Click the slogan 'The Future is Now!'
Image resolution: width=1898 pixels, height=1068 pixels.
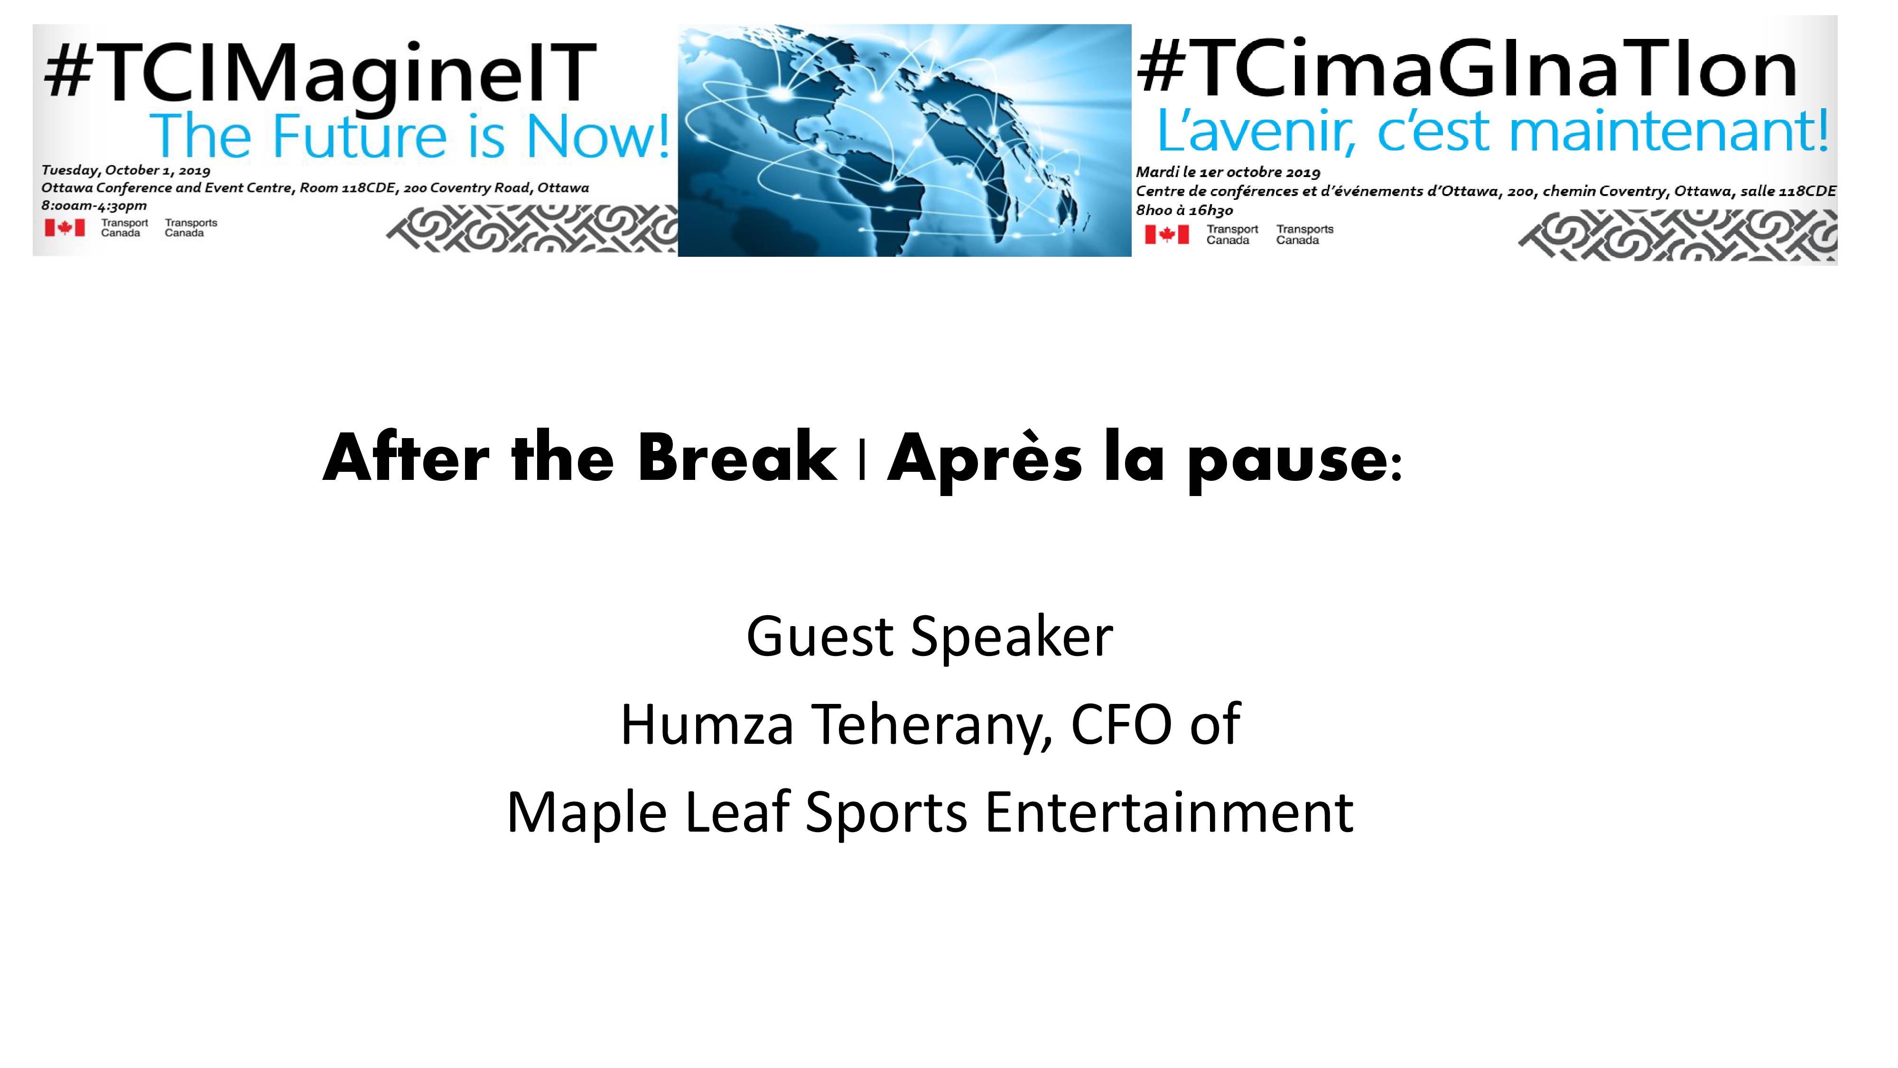pos(409,136)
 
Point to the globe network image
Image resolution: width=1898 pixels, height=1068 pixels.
pos(904,140)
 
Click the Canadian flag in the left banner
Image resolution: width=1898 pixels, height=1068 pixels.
pos(65,228)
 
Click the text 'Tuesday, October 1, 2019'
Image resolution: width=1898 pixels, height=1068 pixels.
pos(126,170)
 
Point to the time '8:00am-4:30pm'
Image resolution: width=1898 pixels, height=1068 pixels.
pos(94,206)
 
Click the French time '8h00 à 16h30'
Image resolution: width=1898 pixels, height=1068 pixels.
pos(1184,210)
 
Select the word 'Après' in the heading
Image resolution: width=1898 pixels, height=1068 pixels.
pos(985,460)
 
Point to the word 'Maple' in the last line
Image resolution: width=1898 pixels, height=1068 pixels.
pos(587,814)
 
